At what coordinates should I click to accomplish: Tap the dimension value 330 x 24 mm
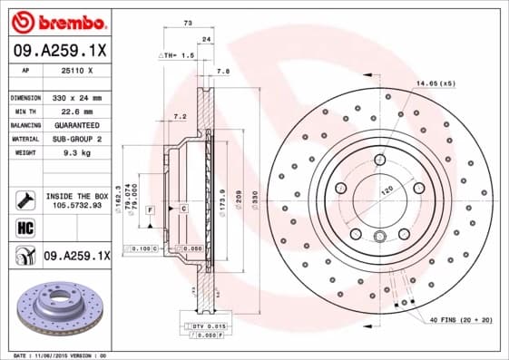point(75,97)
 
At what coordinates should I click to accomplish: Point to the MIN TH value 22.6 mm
point(71,111)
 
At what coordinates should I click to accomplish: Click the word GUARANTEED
point(75,125)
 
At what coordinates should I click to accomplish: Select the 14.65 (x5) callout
point(435,83)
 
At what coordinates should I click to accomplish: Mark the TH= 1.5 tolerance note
point(178,55)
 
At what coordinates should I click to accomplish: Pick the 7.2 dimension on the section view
point(180,116)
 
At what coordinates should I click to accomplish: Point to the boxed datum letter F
point(149,209)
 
